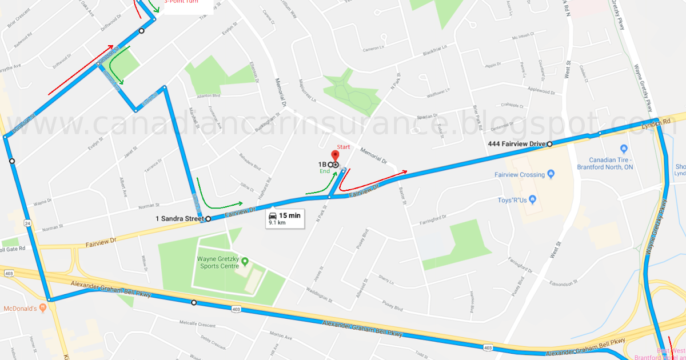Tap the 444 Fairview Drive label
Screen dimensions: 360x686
point(516,144)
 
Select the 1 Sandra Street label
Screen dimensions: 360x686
point(180,219)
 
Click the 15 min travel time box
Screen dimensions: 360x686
point(284,218)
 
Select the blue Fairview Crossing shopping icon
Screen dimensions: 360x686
point(551,174)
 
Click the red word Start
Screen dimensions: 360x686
point(343,147)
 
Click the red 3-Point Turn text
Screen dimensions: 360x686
point(181,2)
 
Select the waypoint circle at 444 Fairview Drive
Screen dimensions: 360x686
point(549,144)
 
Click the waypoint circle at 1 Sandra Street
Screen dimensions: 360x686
point(208,219)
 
